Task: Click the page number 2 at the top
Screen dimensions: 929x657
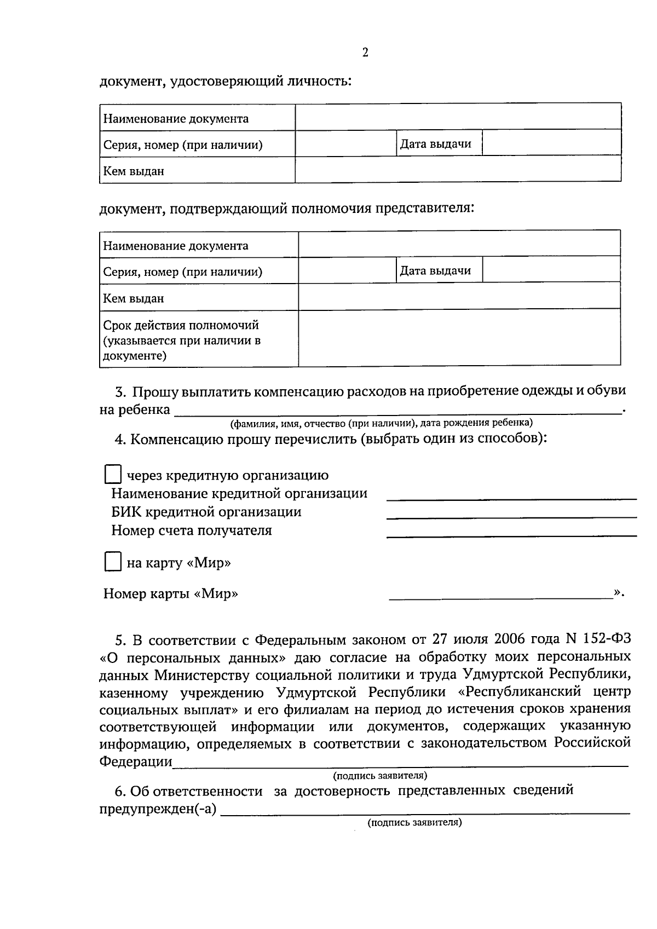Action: click(x=365, y=53)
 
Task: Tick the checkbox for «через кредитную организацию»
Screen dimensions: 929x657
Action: click(x=113, y=475)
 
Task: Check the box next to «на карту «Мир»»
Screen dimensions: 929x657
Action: click(x=113, y=562)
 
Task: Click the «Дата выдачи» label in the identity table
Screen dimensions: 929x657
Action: click(x=435, y=144)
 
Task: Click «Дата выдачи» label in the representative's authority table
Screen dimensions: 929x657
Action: click(x=435, y=270)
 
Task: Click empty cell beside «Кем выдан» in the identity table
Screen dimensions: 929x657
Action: click(x=458, y=169)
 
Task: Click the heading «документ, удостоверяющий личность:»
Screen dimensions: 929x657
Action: click(x=225, y=82)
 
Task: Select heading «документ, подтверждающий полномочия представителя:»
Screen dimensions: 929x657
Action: click(x=286, y=209)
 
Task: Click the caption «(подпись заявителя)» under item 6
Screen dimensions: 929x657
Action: click(x=414, y=822)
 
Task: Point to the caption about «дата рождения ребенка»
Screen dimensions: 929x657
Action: click(x=381, y=423)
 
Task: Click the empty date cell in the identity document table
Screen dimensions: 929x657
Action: click(x=551, y=143)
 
